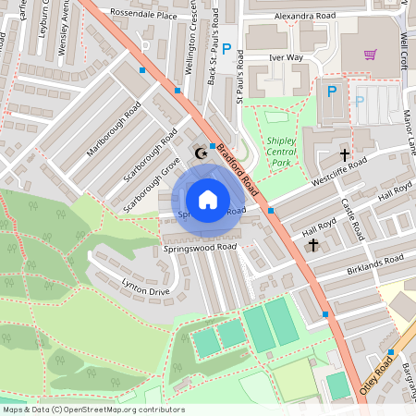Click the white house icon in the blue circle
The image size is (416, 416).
(208, 199)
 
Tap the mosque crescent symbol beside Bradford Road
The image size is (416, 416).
(196, 153)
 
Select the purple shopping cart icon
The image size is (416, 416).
(370, 54)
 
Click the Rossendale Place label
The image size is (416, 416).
(143, 16)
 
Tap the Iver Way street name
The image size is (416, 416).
(286, 57)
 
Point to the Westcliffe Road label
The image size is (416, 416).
(338, 168)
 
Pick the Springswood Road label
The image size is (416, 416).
(201, 248)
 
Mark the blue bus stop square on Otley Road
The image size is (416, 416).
(391, 352)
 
